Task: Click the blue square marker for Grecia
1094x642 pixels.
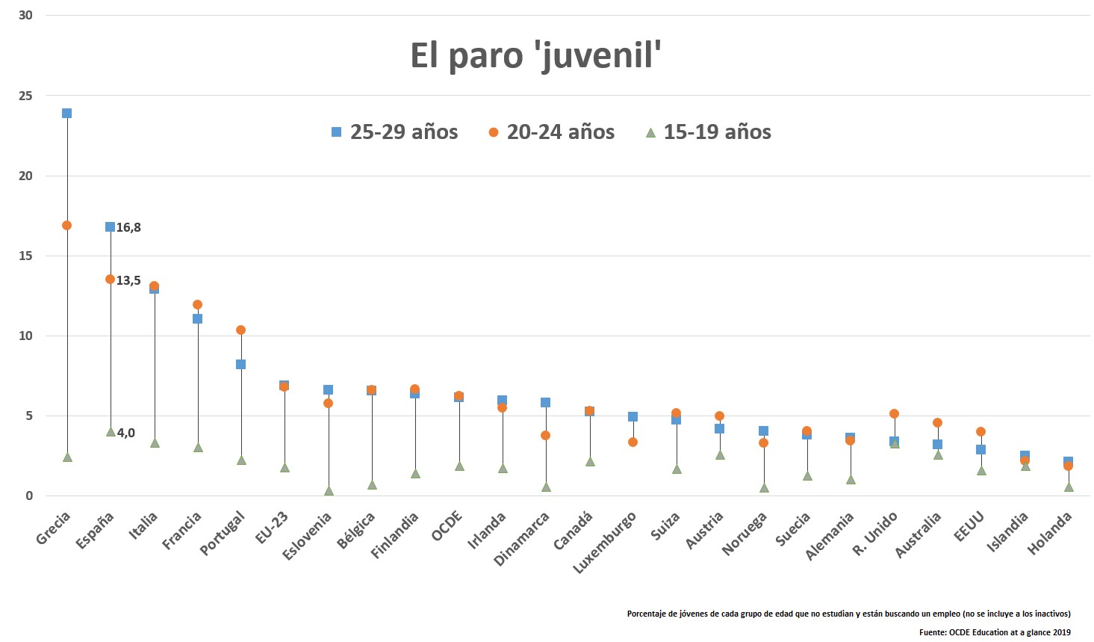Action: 66,114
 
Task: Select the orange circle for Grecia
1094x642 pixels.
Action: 66,225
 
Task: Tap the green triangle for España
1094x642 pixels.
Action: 111,432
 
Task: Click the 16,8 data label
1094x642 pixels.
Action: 128,228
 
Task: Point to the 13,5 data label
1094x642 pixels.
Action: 128,281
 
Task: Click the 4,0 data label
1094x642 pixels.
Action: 126,433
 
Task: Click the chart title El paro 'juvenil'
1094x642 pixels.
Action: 536,55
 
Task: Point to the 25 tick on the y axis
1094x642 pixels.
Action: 25,96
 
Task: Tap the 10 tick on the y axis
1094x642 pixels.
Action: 25,336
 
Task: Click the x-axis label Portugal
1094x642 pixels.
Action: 223,533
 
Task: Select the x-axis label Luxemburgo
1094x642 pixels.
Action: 605,543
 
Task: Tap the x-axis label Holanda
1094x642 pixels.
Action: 1050,533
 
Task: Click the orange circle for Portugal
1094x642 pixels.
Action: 240,330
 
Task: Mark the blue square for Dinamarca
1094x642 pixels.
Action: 545,402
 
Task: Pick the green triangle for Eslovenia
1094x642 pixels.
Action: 329,491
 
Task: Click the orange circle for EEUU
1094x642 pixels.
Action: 980,431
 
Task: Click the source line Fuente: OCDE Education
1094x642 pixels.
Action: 995,632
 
